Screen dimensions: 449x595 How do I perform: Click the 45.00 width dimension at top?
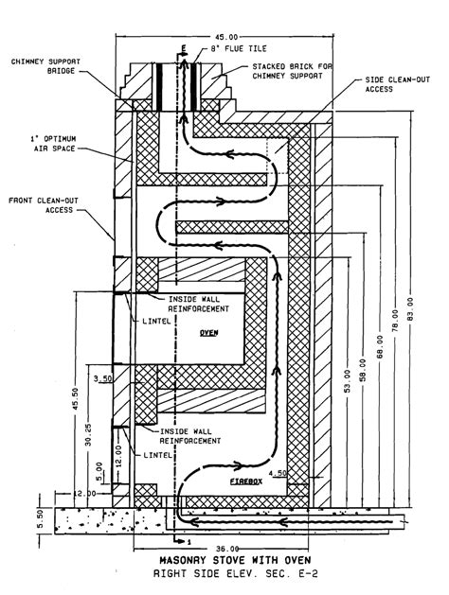coord(225,37)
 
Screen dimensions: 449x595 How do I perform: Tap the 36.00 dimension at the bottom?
coord(227,549)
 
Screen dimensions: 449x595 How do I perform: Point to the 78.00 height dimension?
coord(395,322)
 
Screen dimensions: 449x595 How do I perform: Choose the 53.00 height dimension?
coord(348,380)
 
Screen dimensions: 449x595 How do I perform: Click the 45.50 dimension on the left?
coord(75,399)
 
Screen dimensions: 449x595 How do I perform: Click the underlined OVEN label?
coord(209,333)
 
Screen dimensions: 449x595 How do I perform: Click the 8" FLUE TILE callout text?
coord(239,48)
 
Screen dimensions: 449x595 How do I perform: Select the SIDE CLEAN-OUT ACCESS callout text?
coord(397,84)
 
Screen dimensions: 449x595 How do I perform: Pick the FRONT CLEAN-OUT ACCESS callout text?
coord(44,205)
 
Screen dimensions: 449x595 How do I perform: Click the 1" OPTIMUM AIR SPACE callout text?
coord(54,144)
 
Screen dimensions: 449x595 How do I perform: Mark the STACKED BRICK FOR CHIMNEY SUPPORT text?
coord(292,71)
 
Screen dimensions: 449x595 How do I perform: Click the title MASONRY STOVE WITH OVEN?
coord(235,560)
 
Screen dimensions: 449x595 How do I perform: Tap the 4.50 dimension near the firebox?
coord(278,473)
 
